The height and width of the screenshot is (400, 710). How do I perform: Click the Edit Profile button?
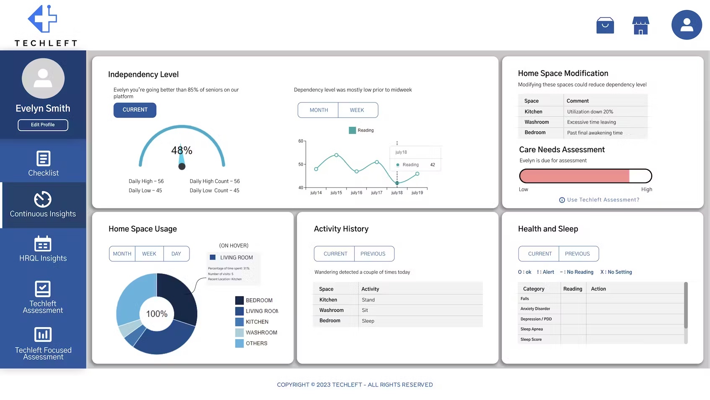point(43,125)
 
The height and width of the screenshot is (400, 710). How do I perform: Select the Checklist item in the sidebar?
point(43,163)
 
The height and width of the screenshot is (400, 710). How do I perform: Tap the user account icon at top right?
point(686,25)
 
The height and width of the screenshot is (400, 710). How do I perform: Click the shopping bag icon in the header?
point(605,26)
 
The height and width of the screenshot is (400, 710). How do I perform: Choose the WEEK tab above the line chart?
point(357,110)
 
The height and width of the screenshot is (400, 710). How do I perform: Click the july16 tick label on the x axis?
point(356,193)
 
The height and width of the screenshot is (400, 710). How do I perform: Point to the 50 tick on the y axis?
point(301,165)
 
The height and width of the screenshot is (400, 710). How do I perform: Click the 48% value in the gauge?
point(181,150)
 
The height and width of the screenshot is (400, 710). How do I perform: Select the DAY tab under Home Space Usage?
point(176,254)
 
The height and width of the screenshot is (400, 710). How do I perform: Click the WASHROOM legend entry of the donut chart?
point(261,332)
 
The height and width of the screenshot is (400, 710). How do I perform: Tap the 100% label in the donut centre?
point(157,314)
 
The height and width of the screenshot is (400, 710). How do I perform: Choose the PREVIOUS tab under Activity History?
point(373,254)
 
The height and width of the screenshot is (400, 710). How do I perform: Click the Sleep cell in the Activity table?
point(368,321)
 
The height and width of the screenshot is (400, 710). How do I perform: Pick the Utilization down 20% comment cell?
point(590,112)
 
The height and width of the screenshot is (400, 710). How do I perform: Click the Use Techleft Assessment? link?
point(603,200)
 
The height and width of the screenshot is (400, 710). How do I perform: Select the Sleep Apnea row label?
point(531,329)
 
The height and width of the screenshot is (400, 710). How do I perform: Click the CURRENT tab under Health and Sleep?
point(540,254)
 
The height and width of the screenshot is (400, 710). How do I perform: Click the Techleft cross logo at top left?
point(42,19)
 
